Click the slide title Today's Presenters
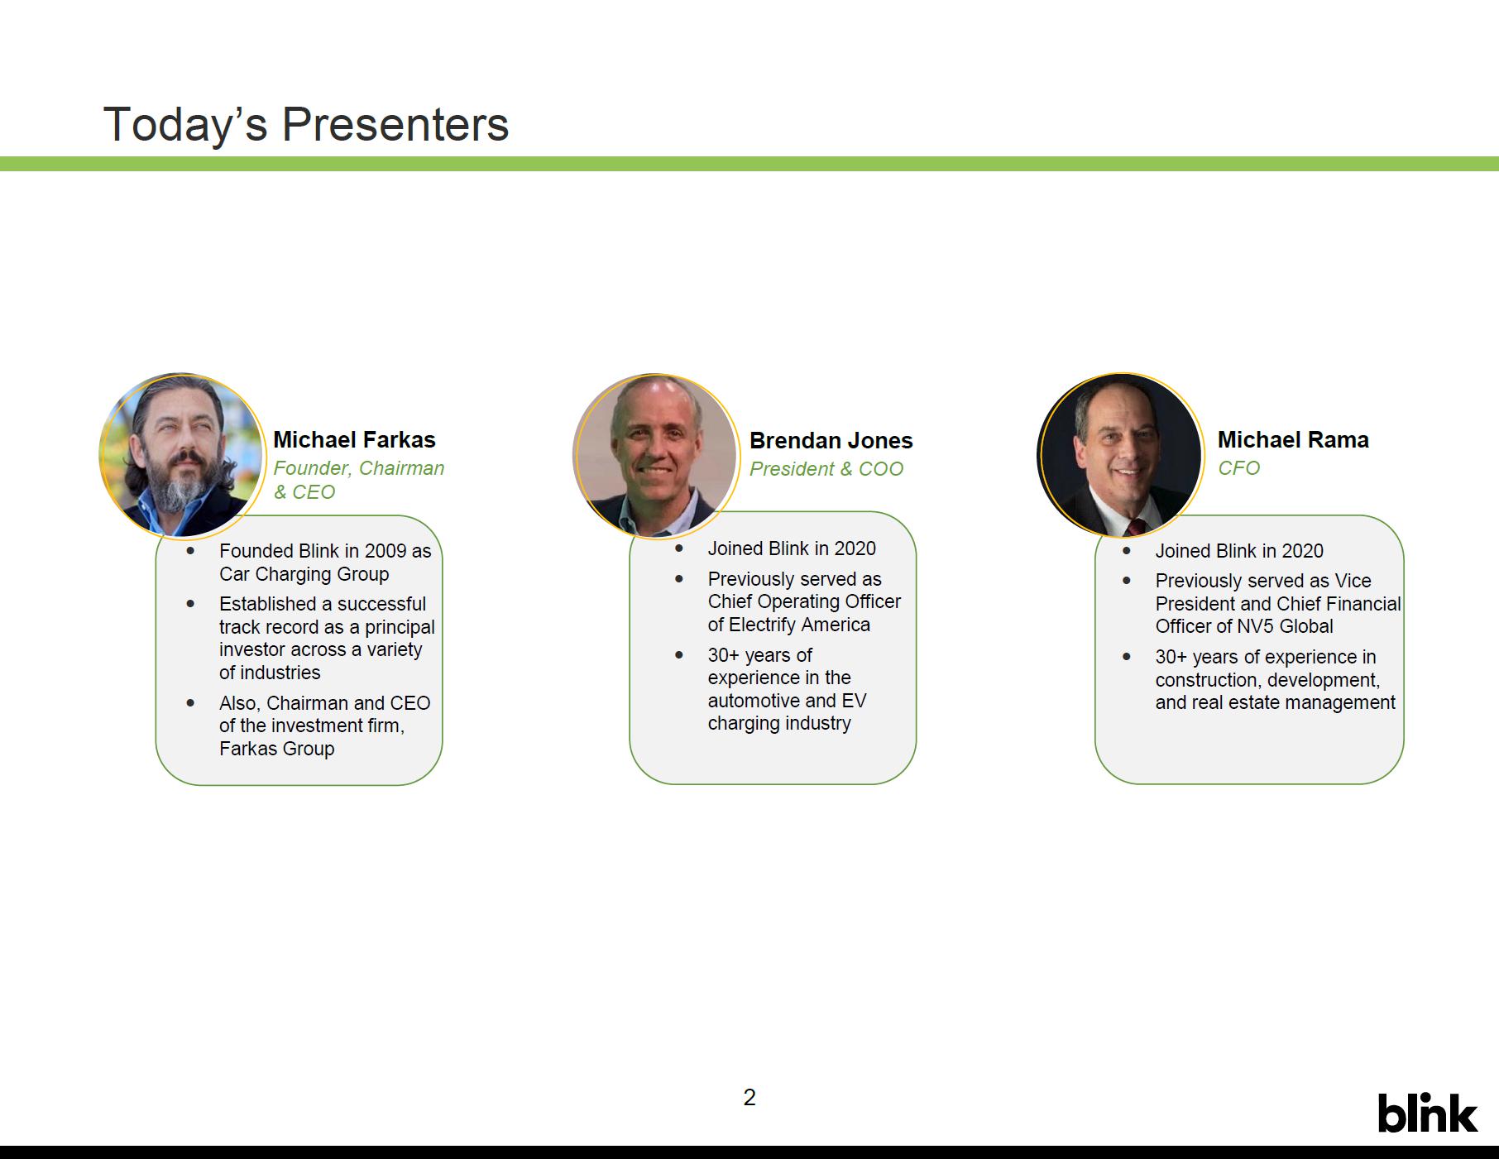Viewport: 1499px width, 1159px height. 305,124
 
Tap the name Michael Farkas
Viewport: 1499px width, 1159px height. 354,440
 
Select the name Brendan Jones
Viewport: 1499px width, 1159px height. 831,441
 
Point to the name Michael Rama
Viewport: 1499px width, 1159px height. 1293,440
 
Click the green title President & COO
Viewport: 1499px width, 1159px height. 826,469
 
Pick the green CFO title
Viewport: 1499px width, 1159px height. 1238,468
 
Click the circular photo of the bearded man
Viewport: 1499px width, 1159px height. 182,455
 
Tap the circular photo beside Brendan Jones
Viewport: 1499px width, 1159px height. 655,455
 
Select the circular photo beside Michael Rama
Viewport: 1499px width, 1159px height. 1120,455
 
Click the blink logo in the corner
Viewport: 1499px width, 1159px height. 1427,1112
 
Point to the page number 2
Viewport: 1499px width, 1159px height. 749,1098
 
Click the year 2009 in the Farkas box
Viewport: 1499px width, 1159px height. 386,551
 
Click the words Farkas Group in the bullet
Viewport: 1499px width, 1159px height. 277,749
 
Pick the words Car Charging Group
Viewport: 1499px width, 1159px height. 304,574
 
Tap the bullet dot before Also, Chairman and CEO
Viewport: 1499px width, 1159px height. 190,703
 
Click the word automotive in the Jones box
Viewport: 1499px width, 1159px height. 754,701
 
